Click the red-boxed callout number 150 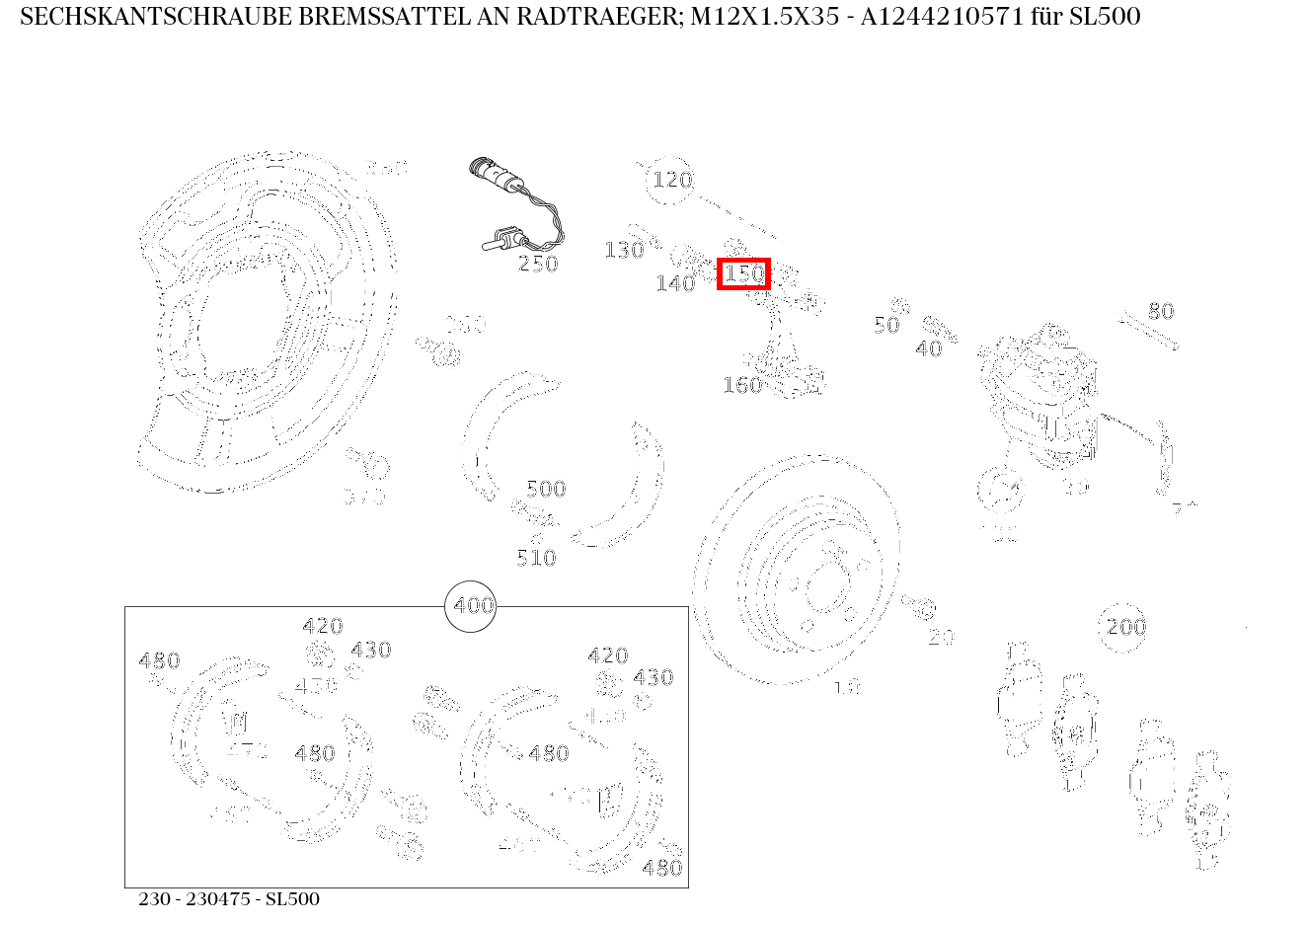743,273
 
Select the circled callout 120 671,181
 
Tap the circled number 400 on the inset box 472,606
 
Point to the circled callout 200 1125,627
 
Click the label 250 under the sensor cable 538,264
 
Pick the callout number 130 624,251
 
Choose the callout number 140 675,284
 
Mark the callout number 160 742,386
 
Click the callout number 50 886,326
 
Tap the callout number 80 1161,312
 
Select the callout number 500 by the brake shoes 546,489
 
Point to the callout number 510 536,559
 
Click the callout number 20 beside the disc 941,638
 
